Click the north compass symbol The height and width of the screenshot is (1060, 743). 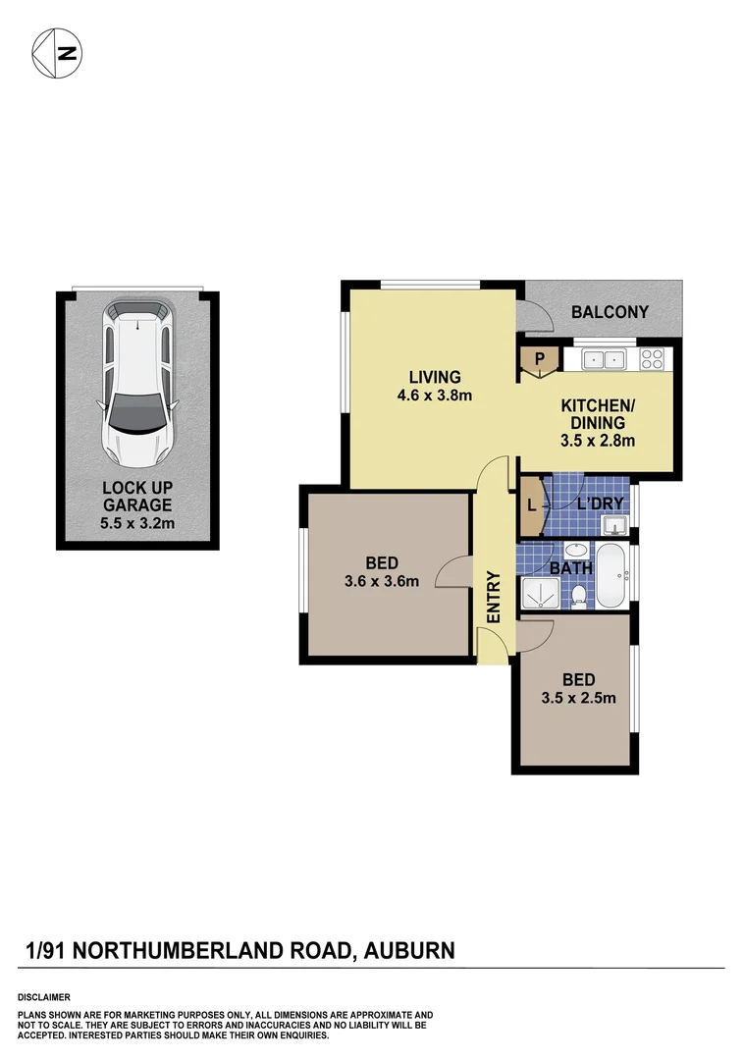point(57,51)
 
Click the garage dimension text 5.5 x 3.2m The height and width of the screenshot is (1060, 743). point(137,522)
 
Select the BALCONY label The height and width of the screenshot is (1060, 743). point(610,312)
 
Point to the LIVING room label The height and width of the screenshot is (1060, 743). point(436,377)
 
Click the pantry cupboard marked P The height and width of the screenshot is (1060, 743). point(539,360)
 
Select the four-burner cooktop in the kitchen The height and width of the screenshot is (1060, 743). point(653,360)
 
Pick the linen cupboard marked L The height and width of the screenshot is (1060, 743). point(531,506)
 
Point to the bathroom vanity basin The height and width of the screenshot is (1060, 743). point(580,551)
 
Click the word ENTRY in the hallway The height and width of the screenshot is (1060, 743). point(494,599)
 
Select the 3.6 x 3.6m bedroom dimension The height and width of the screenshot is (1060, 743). point(382,580)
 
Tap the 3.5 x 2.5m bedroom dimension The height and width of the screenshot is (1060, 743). point(577,698)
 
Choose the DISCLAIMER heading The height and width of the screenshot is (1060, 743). point(43,996)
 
